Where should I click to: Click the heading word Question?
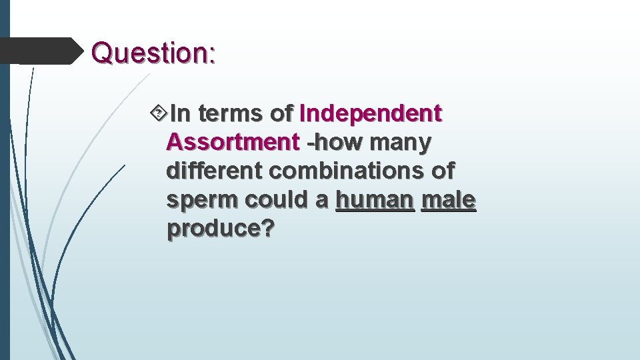[x=153, y=53]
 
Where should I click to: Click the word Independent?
[x=371, y=115]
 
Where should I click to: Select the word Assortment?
[x=233, y=143]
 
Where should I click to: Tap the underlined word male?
[x=449, y=200]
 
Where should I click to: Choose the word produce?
[x=221, y=229]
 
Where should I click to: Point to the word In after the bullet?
[x=181, y=115]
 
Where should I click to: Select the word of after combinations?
[x=441, y=171]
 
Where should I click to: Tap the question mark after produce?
[x=268, y=229]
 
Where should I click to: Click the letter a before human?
[x=322, y=200]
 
